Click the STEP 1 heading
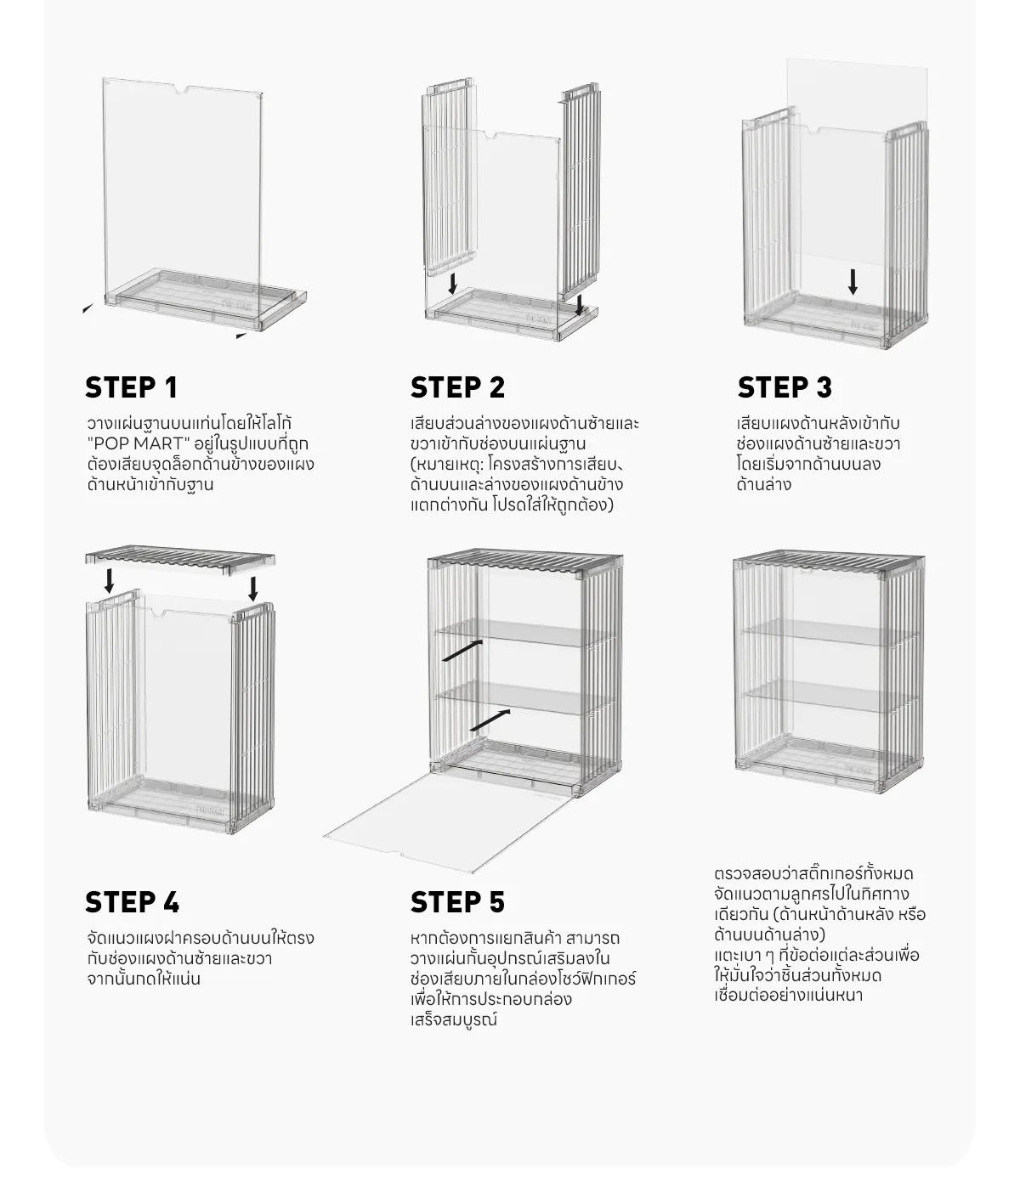coord(131,387)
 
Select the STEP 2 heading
coord(457,387)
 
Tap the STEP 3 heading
coord(785,387)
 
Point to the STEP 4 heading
coord(132,902)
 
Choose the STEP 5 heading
coord(457,902)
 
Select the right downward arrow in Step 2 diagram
coord(580,305)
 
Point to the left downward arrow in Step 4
coord(109,581)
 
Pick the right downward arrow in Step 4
coord(252,587)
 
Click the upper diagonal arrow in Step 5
coord(462,651)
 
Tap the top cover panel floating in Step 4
coord(180,557)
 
